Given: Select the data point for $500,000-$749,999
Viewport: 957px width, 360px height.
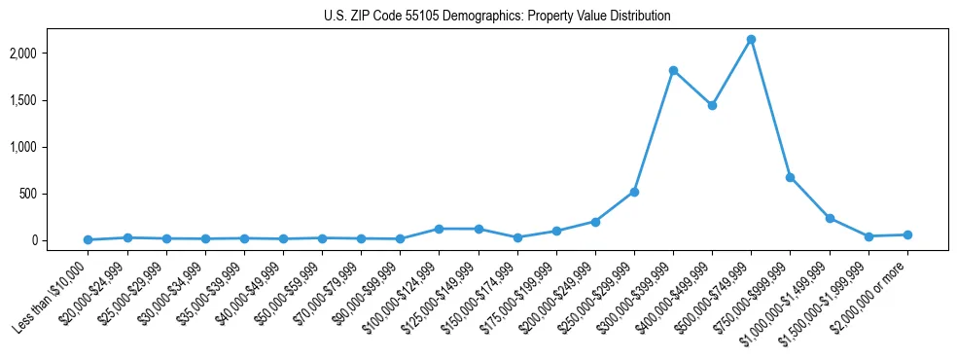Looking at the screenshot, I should [x=751, y=40].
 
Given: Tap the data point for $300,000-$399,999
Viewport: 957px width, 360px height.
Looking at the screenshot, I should [x=673, y=71].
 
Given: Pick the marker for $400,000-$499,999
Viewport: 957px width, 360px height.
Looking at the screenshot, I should [x=712, y=105].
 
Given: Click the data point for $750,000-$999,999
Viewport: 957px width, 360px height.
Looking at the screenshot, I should [x=790, y=177].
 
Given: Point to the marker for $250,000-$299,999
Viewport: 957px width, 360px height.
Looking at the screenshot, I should [x=634, y=192].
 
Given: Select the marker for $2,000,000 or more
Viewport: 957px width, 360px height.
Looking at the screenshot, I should [x=907, y=234].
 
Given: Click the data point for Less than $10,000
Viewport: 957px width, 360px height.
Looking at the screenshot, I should [x=88, y=239].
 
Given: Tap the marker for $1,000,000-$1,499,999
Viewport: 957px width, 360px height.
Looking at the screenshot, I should [x=830, y=218].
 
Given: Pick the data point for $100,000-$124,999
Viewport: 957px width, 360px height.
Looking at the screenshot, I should [x=439, y=229].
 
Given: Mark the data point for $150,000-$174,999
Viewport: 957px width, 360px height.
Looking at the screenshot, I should [x=517, y=237].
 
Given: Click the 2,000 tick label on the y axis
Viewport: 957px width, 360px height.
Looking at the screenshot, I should [x=51, y=54].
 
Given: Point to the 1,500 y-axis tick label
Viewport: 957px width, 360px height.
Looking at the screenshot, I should [x=51, y=100].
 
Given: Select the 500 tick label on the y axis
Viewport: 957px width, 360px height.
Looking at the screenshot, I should [x=56, y=194].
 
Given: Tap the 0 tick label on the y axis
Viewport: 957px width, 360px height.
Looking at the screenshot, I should [x=61, y=240].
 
